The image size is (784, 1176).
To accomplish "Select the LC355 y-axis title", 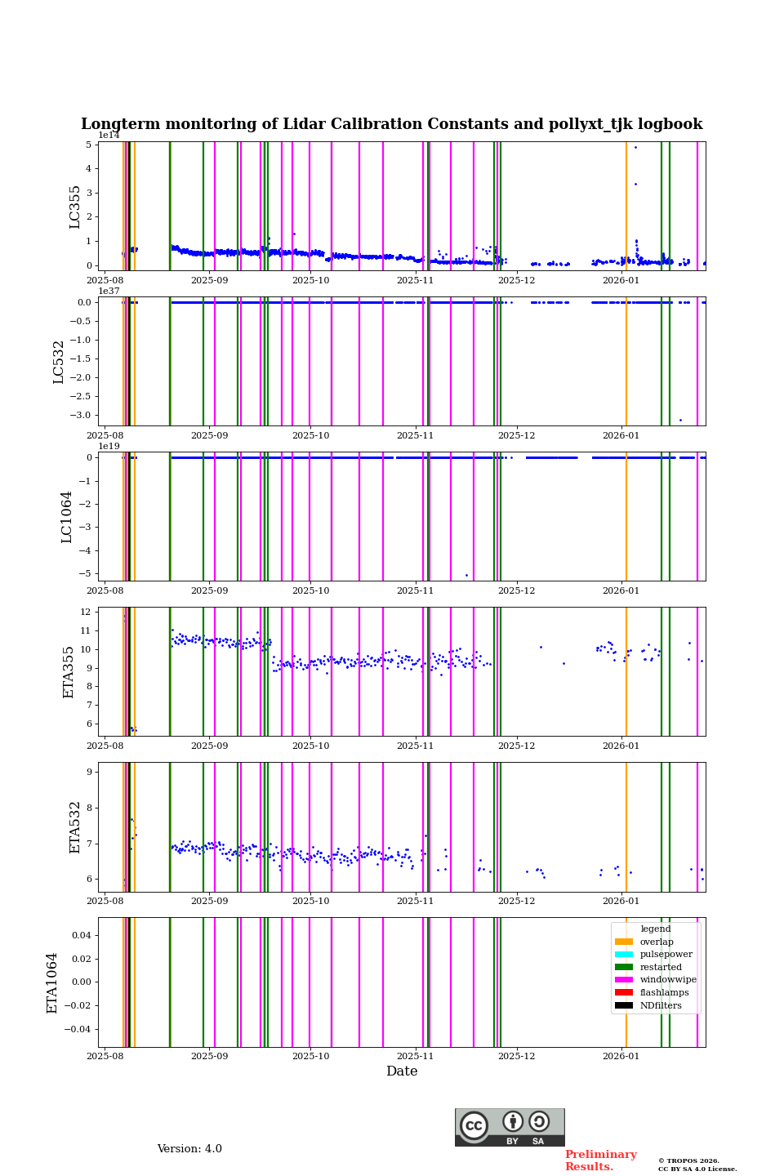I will coord(75,206).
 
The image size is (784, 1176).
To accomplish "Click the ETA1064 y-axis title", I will coord(52,982).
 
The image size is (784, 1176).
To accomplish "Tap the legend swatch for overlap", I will coord(624,942).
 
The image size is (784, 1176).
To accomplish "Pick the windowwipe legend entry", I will coord(667,980).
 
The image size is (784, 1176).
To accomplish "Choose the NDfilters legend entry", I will coord(660,1005).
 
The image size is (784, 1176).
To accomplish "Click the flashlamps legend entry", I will coord(664,993).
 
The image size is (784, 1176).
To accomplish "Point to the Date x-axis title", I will coord(402,1071).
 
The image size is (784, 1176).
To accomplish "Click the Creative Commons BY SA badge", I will coord(510,1127).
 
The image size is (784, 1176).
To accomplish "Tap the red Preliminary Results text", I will coord(600,1160).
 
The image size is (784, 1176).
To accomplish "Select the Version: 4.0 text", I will coord(189,1149).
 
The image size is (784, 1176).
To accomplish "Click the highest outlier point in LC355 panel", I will coord(635,147).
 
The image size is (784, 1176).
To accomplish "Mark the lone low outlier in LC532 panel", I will coord(680,420).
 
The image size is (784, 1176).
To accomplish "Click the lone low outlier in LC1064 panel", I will coord(466,575).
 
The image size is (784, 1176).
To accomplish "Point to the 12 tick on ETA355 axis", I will coord(85,612).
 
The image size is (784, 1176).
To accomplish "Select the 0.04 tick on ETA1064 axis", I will coord(80,935).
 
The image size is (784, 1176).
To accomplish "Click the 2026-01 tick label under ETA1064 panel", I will coord(621,1056).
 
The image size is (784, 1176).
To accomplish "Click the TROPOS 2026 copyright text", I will coord(688,1160).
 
